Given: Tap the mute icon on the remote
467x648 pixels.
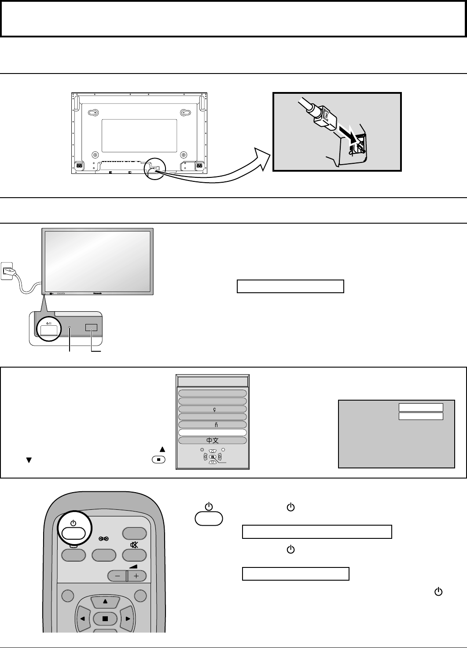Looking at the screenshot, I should (134, 545).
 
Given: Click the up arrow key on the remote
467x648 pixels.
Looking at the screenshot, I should (105, 601).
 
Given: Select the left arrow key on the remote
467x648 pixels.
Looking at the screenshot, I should (82, 619).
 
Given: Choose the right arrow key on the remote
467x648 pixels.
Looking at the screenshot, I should (128, 619).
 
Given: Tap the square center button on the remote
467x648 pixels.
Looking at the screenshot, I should (105, 619).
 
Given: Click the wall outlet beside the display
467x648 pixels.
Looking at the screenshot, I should (7, 271).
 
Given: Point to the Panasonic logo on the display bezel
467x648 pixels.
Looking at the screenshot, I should (99, 292).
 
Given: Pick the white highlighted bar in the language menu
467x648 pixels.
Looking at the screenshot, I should (212, 433).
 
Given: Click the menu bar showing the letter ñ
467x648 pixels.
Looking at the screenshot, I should (212, 425).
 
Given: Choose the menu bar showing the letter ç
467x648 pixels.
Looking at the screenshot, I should (212, 409).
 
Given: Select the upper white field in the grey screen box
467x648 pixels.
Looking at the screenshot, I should (421, 407).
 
